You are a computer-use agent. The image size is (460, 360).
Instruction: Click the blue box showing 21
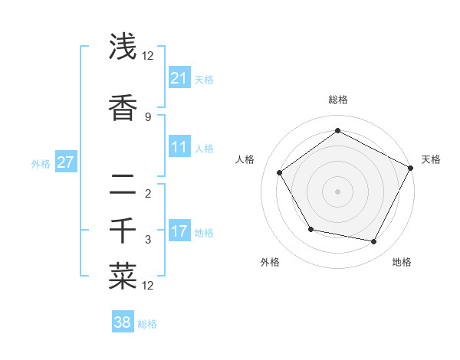pyautogui.click(x=179, y=77)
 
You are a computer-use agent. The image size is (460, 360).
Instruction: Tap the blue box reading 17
pyautogui.click(x=179, y=231)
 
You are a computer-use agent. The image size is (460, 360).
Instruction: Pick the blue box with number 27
pyautogui.click(x=66, y=162)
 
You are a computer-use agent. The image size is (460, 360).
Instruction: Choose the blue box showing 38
pyautogui.click(x=123, y=322)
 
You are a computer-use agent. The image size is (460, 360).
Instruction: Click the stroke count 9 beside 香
pyautogui.click(x=148, y=116)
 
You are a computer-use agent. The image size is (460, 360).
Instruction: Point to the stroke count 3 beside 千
pyautogui.click(x=148, y=239)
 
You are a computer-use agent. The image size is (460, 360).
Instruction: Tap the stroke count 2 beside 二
pyautogui.click(x=148, y=193)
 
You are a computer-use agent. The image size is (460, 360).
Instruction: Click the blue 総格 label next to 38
pyautogui.click(x=147, y=324)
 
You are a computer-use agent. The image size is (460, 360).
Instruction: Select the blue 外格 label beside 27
pyautogui.click(x=41, y=163)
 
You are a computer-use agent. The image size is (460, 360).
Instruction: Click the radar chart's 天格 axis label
pyautogui.click(x=431, y=159)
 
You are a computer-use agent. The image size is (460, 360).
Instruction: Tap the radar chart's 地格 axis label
pyautogui.click(x=402, y=262)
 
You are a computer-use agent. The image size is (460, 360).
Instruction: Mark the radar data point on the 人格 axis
pyautogui.click(x=280, y=173)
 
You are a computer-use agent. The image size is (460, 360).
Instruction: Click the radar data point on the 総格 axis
pyautogui.click(x=337, y=130)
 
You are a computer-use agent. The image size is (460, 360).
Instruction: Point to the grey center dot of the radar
pyautogui.click(x=337, y=191)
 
